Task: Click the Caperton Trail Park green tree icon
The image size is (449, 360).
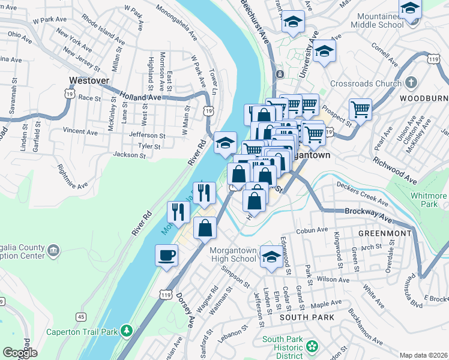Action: coord(126,331)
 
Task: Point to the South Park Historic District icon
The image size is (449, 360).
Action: coord(312,346)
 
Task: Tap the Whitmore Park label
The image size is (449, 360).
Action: coord(429,200)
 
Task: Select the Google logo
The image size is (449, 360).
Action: coord(20,353)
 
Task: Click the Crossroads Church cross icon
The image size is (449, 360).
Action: coord(411,82)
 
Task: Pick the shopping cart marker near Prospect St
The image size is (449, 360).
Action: coord(360,110)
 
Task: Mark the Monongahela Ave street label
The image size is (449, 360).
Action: coord(176,22)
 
